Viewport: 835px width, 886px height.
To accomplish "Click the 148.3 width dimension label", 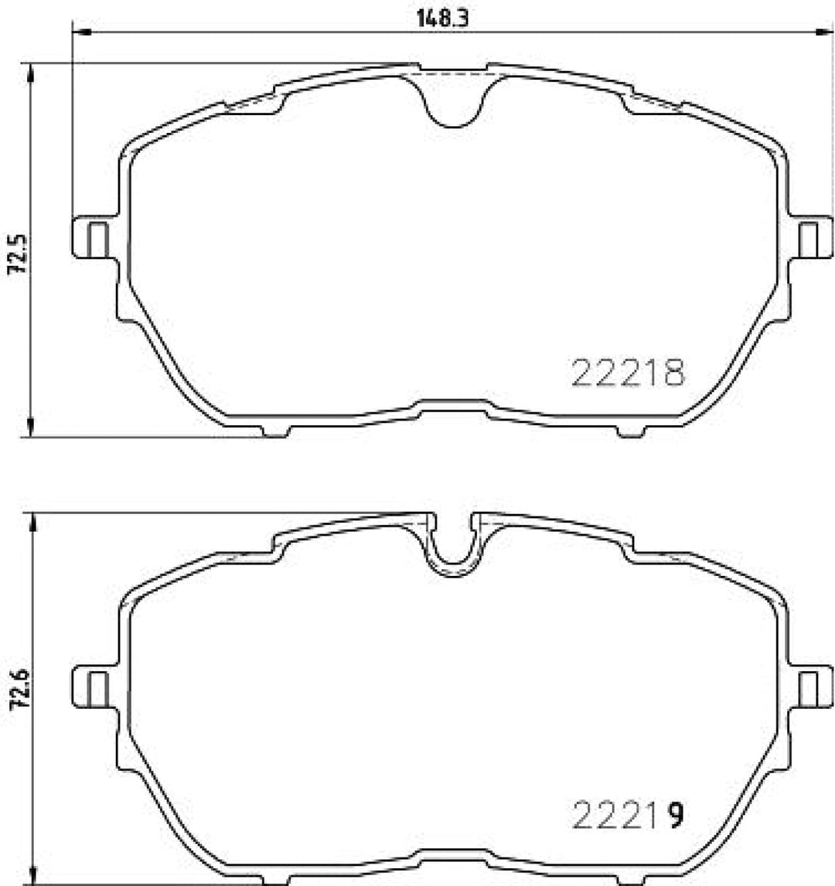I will (x=445, y=19).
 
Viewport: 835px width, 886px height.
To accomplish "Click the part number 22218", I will (x=627, y=373).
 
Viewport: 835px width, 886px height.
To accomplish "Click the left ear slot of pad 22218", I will (x=98, y=240).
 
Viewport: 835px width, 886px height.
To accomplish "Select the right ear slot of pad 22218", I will (x=808, y=240).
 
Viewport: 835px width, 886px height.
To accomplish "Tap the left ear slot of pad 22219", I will (x=98, y=689).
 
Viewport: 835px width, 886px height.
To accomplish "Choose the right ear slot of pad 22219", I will (x=808, y=689).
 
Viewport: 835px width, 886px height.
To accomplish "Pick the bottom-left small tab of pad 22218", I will (x=276, y=431).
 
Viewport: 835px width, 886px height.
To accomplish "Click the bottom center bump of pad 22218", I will (x=454, y=404).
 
